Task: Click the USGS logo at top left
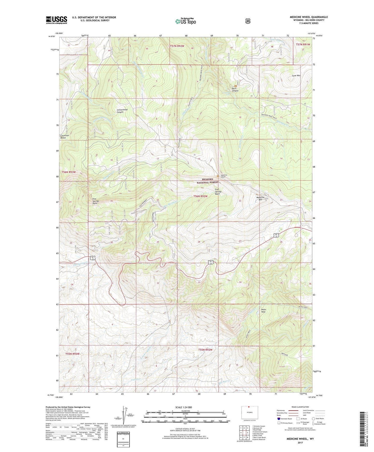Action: (x=56, y=20)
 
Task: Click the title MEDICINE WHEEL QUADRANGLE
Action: (x=309, y=17)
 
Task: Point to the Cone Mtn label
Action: (x=296, y=76)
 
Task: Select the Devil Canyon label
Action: (x=235, y=90)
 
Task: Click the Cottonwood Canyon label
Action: (x=122, y=111)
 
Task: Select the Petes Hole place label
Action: (x=263, y=311)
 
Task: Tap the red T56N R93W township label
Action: (x=69, y=172)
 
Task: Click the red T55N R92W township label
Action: (x=205, y=350)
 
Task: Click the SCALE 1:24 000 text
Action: (x=184, y=407)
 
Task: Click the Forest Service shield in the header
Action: (x=248, y=21)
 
